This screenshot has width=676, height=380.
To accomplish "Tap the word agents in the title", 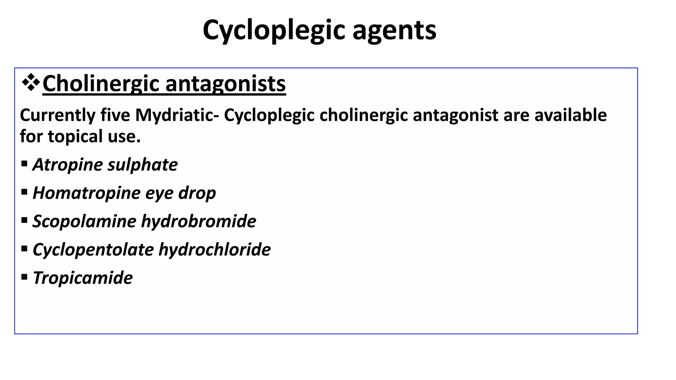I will tap(394, 30).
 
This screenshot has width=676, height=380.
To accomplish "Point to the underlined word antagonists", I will tap(225, 84).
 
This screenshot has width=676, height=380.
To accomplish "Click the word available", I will tap(571, 115).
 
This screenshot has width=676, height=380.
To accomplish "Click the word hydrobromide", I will tap(199, 221).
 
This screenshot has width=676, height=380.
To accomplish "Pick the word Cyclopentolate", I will tap(93, 250).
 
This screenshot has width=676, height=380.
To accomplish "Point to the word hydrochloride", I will tap(215, 250).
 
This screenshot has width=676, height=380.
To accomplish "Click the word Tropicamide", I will tap(83, 278).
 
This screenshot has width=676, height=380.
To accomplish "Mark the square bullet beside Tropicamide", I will tap(24, 277).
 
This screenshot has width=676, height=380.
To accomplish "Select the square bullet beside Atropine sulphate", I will tap(24, 163).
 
